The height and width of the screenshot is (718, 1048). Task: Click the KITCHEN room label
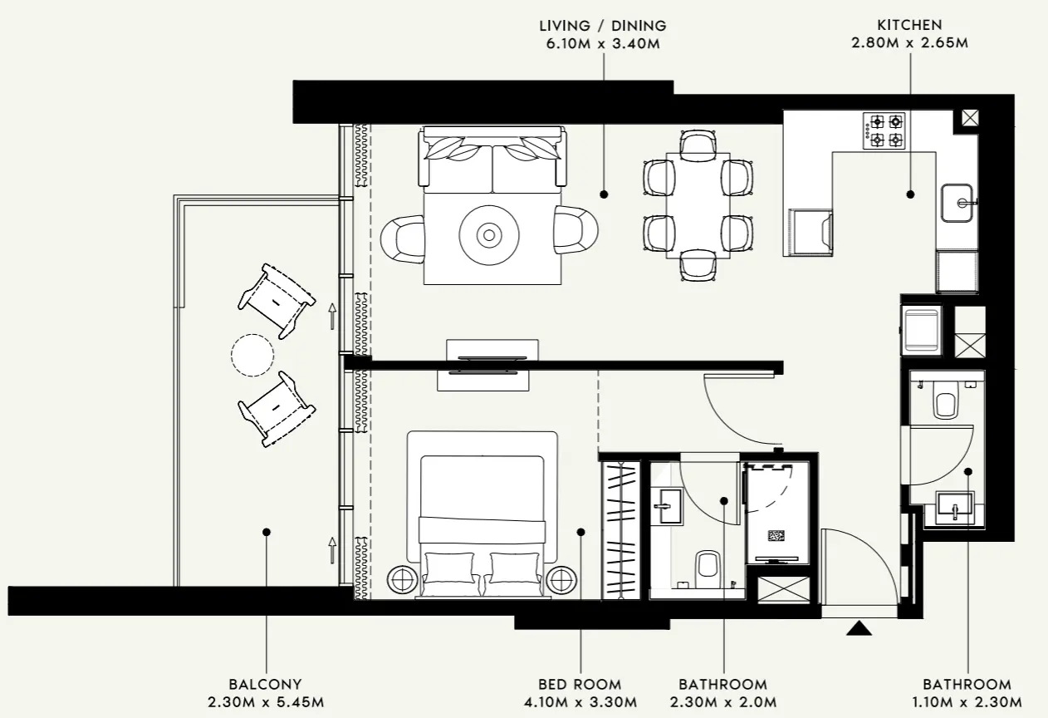pos(908,25)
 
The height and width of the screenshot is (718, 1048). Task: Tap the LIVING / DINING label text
pos(602,26)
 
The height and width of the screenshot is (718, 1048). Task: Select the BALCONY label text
pos(266,685)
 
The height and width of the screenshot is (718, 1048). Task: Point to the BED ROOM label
pos(580,685)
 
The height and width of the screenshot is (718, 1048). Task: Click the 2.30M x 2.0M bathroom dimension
pos(723,703)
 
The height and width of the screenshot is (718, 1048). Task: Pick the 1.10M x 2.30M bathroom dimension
pos(967,703)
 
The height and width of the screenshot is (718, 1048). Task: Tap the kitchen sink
pos(959,203)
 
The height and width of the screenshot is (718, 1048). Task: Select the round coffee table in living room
pos(489,235)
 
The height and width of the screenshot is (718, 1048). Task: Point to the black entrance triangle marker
pos(859,628)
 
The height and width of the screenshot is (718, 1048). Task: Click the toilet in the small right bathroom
pos(946,403)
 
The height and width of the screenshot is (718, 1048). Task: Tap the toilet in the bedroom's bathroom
pos(708,566)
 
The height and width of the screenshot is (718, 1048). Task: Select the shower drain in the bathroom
pos(776,537)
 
